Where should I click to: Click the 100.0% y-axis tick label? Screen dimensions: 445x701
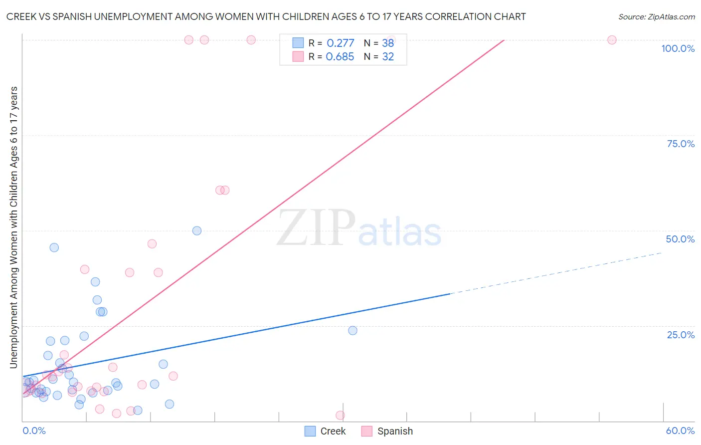[x=678, y=48]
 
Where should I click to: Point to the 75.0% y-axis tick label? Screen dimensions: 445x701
[x=681, y=144]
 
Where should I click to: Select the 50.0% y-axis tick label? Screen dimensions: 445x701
[x=680, y=239]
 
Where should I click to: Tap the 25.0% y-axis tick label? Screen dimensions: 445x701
[x=681, y=335]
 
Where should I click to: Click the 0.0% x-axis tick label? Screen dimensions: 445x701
[x=34, y=431]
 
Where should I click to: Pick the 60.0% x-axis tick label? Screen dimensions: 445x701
[x=680, y=431]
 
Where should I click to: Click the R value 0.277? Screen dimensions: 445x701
[x=340, y=43]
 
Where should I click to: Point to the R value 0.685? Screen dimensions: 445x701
[x=340, y=57]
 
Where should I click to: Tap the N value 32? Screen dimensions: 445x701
[x=388, y=57]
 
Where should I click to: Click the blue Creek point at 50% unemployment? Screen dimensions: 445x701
[x=197, y=230]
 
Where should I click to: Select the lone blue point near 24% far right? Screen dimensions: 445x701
[x=352, y=330]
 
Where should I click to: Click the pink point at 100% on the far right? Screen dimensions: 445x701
[x=612, y=40]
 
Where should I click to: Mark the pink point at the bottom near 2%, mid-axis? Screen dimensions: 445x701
[x=340, y=415]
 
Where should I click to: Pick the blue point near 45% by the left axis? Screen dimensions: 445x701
[x=54, y=247]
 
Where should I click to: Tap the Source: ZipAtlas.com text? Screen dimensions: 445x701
[x=656, y=17]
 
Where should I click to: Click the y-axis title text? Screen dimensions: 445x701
[x=14, y=227]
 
